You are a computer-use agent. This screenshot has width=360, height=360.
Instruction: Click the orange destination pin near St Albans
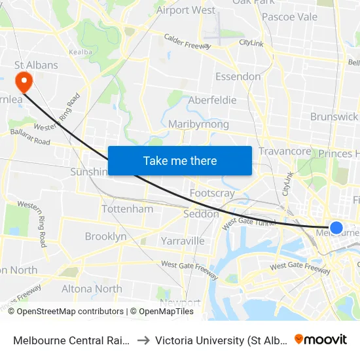point(24,81)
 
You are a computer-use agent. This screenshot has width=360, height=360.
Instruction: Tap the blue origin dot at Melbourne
point(336,227)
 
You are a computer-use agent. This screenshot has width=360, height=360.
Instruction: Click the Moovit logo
point(321,339)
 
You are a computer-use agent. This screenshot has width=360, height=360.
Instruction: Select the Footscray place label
point(212,193)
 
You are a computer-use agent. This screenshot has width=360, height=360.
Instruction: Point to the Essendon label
point(238,77)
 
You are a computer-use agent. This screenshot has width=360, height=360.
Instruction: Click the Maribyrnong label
point(198,124)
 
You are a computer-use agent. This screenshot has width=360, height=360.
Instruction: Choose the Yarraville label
point(183,241)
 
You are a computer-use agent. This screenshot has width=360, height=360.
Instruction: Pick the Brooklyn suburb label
point(105,236)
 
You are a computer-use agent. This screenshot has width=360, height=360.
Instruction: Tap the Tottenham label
point(127,209)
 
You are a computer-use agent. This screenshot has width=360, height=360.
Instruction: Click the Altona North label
point(92,289)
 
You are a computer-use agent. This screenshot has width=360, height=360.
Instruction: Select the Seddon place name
point(201,214)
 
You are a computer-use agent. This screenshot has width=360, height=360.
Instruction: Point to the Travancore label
point(285,151)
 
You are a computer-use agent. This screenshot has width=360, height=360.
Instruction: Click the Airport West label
point(186,10)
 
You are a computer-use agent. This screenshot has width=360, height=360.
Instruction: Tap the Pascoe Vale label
point(289,16)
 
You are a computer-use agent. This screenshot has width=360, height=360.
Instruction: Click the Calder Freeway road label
point(187,42)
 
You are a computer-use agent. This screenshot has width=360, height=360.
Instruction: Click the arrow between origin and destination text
point(142,340)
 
